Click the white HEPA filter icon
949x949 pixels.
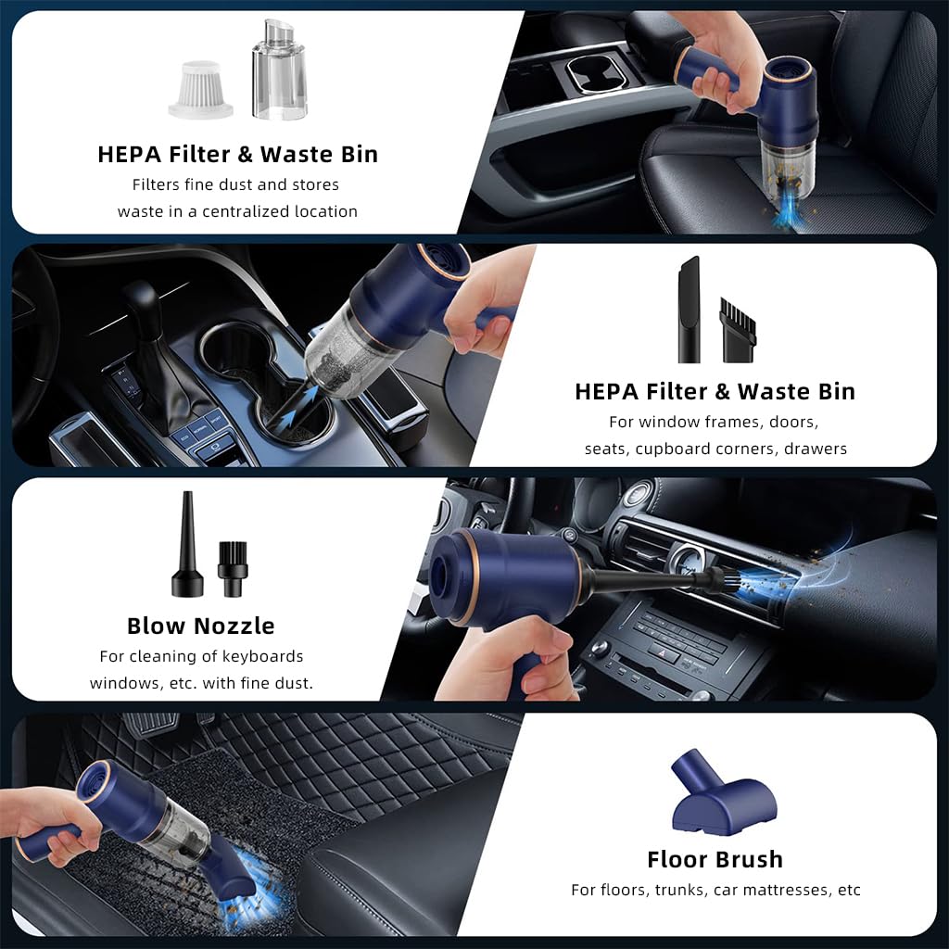(x=201, y=88)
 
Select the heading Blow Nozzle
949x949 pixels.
(x=201, y=626)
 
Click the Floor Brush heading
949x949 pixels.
(x=715, y=859)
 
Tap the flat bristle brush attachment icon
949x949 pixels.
(x=738, y=329)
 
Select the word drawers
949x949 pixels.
(x=816, y=449)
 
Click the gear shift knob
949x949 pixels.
(x=141, y=306)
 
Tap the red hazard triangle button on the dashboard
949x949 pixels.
(x=664, y=652)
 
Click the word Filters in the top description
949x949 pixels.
(x=161, y=184)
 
